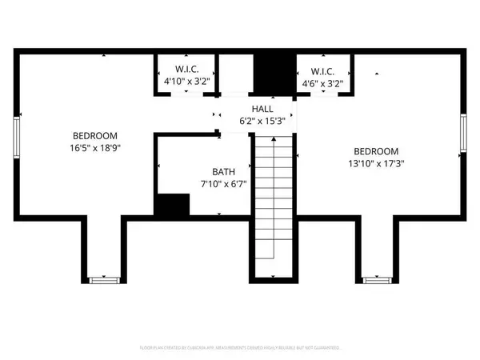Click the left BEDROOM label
[x=95, y=135]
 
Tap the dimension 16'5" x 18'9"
[x=95, y=147]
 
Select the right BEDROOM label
[x=375, y=151]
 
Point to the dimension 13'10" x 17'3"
[x=375, y=163]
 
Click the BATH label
[x=223, y=172]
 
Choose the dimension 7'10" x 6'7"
[x=223, y=184]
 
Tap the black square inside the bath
[x=170, y=206]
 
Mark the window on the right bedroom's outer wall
[x=462, y=134]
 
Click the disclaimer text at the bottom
[x=240, y=348]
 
